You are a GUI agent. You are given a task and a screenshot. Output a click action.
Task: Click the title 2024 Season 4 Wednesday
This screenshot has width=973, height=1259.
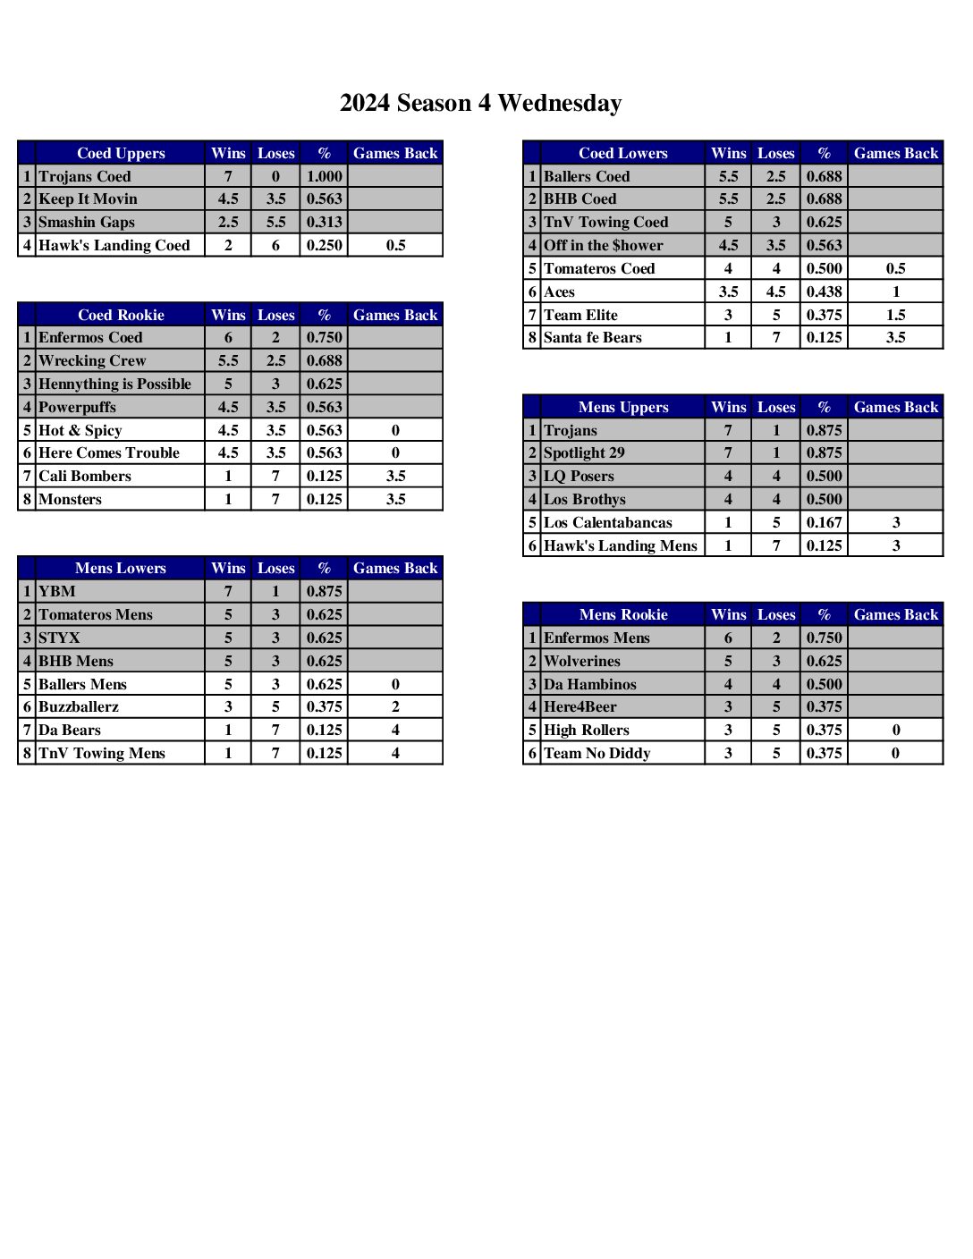point(480,103)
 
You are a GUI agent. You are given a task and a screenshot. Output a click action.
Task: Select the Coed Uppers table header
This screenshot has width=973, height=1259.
point(121,153)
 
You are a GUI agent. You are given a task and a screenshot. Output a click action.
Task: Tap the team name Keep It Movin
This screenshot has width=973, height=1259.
point(88,199)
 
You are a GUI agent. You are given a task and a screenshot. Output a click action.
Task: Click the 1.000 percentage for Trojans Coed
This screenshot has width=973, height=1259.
point(324,176)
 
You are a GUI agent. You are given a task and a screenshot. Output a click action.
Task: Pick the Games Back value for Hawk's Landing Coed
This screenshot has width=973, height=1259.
point(395,245)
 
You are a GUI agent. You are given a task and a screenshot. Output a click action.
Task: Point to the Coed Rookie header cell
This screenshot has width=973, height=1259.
point(121,315)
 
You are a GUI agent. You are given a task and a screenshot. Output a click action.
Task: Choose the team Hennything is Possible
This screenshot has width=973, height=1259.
point(114,384)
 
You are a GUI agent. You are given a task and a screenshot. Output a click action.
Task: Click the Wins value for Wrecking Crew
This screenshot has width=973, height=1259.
point(228,360)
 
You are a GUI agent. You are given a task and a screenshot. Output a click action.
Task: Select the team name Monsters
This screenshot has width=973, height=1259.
point(70,499)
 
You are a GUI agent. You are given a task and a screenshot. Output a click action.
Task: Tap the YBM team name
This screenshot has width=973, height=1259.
point(56,591)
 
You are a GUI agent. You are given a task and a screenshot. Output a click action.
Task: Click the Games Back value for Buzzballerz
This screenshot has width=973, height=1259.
point(395,706)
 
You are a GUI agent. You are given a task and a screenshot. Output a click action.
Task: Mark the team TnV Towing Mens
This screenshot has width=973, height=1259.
point(101,753)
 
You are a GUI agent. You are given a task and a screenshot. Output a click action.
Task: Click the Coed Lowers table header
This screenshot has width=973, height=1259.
point(622,153)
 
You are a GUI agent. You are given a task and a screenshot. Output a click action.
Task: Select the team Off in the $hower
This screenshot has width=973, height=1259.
point(603,245)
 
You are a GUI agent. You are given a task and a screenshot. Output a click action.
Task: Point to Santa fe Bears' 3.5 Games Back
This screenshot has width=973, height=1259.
point(895,337)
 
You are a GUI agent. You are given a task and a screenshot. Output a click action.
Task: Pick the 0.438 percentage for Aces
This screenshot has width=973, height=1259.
point(824,292)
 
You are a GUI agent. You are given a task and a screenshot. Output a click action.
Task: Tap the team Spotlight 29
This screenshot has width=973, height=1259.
point(584,452)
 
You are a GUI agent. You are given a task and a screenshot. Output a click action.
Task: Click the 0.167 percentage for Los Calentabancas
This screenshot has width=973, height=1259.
point(824,522)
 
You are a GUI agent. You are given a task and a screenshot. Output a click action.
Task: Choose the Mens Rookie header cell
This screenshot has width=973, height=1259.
point(622,614)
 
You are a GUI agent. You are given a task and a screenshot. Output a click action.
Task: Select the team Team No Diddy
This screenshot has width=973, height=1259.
point(596,753)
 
